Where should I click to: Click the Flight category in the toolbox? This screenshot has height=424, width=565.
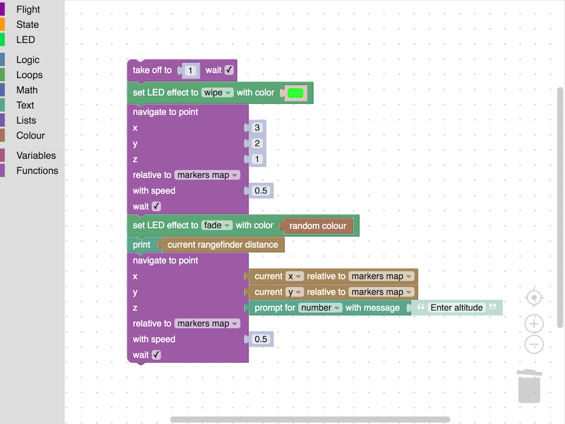(x=28, y=10)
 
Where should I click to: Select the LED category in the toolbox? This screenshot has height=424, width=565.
(x=25, y=40)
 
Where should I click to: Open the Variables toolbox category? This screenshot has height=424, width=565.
(x=36, y=156)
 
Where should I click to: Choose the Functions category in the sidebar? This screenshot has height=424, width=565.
(x=37, y=171)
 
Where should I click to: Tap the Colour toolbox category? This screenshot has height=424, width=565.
(x=30, y=136)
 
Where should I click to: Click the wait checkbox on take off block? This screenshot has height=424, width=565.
(x=229, y=70)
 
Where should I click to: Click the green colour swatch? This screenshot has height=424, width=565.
(x=295, y=93)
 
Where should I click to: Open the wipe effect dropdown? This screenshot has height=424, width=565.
(x=217, y=93)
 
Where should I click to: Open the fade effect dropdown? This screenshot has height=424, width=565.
(x=217, y=225)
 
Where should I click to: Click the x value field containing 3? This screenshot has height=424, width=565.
(x=257, y=128)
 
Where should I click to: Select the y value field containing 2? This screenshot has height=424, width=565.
(x=257, y=144)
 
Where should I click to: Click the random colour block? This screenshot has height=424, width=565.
(x=318, y=226)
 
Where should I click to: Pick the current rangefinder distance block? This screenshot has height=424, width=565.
(x=223, y=245)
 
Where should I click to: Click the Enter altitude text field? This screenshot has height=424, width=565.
(x=457, y=308)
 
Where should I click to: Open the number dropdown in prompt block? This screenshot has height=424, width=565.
(x=321, y=308)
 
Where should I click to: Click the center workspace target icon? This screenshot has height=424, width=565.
(x=534, y=298)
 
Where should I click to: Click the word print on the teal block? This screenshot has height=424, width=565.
(x=142, y=245)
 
